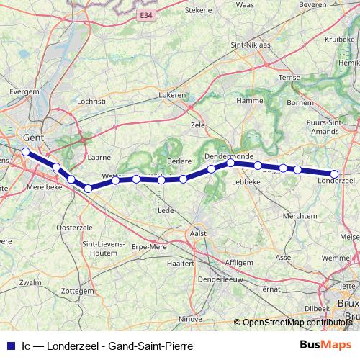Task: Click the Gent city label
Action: click(x=34, y=137)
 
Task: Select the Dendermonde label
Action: click(x=226, y=156)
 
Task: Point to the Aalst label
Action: click(x=197, y=234)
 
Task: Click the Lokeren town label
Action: click(x=173, y=94)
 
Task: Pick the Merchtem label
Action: click(x=300, y=216)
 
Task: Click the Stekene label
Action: click(x=199, y=9)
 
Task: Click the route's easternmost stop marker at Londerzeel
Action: click(x=334, y=174)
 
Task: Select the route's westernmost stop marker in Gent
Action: click(x=25, y=152)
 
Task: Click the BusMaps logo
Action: click(x=324, y=346)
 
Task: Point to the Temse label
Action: click(x=287, y=78)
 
